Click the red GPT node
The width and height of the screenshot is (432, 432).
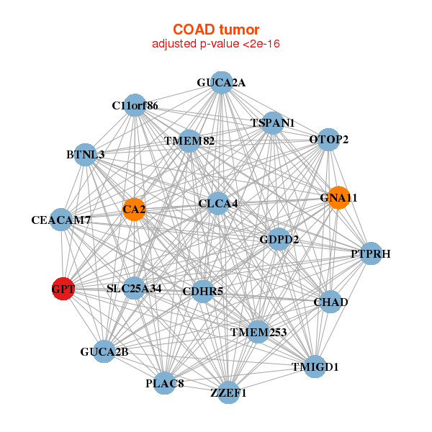(63, 289)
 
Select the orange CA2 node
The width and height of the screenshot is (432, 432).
(134, 210)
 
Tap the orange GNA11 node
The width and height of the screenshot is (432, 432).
(338, 197)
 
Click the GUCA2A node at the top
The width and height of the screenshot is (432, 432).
(222, 83)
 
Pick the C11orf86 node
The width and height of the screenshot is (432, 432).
(135, 106)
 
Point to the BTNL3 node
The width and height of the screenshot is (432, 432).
(86, 155)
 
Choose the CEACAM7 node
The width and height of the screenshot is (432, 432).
(61, 219)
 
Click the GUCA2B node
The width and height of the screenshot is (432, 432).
(104, 351)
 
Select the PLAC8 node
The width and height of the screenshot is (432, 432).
(166, 383)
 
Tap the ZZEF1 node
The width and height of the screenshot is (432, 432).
(228, 392)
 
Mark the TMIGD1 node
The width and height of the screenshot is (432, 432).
(315, 366)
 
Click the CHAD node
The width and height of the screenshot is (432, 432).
(330, 302)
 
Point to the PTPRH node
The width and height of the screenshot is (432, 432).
(370, 253)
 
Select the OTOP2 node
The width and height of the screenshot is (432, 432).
(328, 139)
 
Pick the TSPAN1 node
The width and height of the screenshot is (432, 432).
(272, 123)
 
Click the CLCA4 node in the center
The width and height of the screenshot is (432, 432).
(218, 204)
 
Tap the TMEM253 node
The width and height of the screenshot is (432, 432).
(258, 332)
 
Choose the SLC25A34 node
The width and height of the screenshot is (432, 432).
(134, 289)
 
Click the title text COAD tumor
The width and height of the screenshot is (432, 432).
(216, 30)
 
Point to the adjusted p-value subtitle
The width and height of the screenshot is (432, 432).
(216, 44)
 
